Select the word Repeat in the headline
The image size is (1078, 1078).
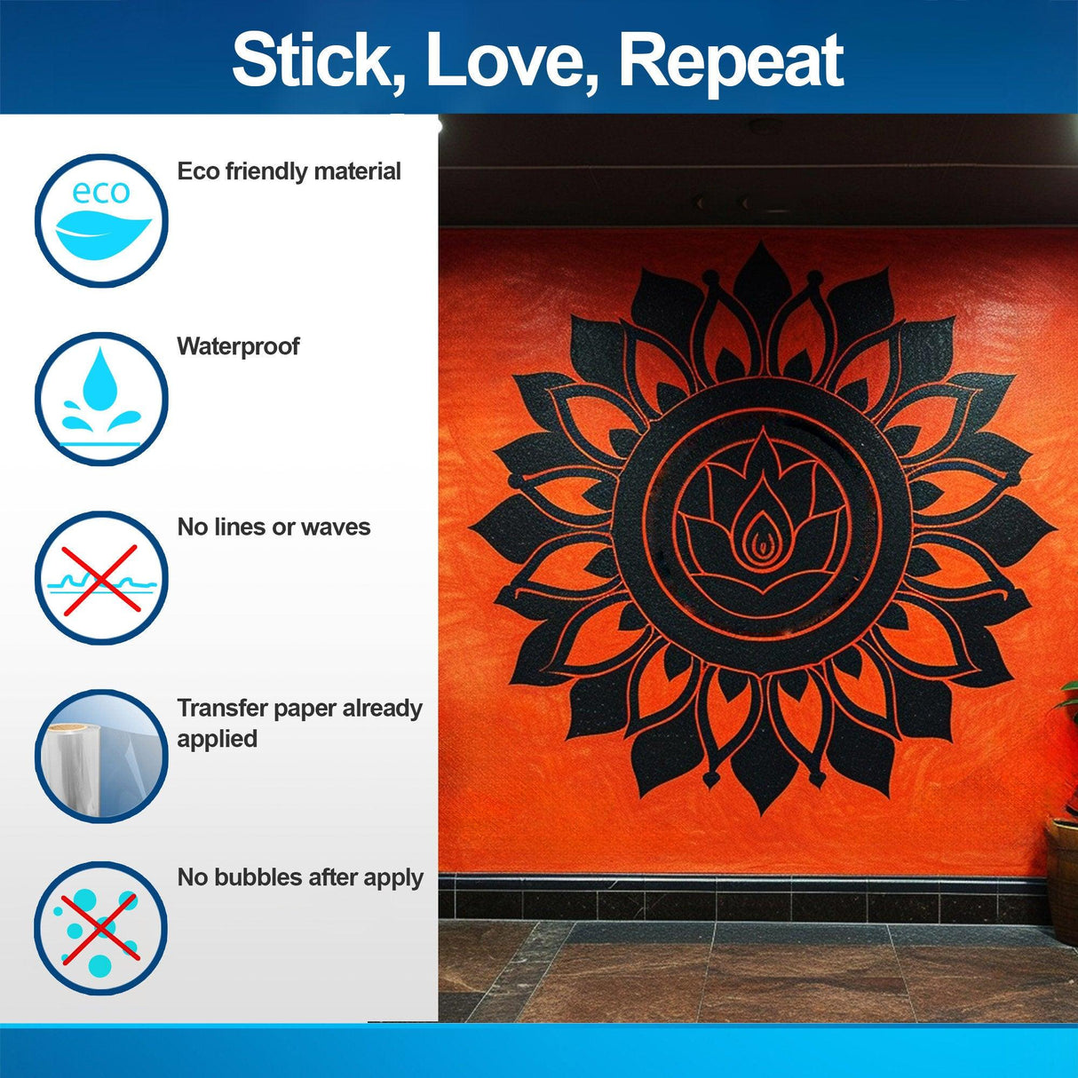pos(730,60)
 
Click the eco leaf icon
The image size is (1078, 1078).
pos(101,220)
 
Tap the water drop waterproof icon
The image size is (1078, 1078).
pos(101,399)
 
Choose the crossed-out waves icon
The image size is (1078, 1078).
pos(101,578)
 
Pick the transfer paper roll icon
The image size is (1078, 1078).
pos(101,757)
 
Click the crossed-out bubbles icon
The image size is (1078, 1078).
pos(101,928)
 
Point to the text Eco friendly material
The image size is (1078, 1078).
pos(289,171)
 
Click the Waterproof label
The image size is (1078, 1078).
pos(238,346)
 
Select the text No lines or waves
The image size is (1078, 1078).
pos(273,527)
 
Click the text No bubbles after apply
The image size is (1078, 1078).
pos(300,877)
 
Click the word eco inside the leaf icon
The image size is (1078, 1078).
pos(101,192)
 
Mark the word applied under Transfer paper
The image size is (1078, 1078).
pos(217,739)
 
